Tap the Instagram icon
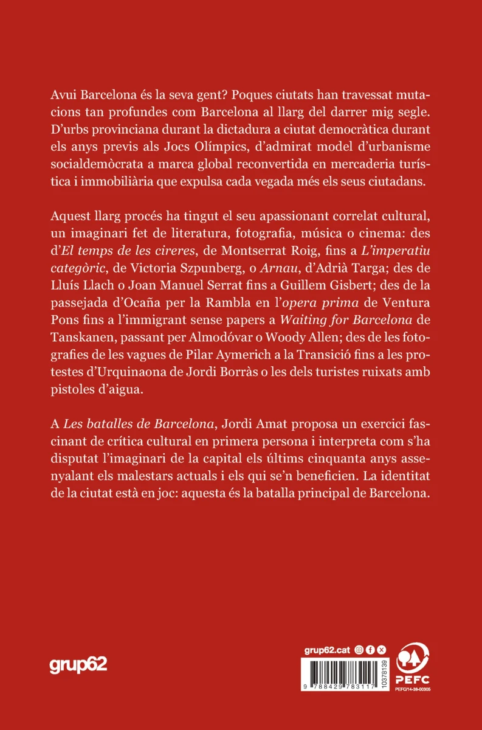coord(359,650)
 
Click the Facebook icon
coord(370,650)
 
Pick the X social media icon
coord(382,650)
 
